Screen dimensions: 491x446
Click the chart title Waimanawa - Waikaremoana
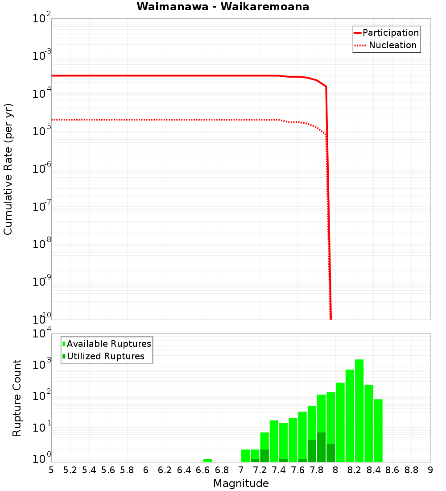tap(223, 7)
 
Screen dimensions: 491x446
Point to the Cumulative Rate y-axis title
tap(8, 169)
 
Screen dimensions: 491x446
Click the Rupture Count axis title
tap(17, 398)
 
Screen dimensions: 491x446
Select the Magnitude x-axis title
tap(241, 483)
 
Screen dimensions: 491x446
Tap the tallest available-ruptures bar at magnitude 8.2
tap(359, 411)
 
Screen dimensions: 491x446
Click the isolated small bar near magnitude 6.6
tap(207, 460)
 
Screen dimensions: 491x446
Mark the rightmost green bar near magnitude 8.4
tap(378, 431)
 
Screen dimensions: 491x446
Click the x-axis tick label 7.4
tap(279, 470)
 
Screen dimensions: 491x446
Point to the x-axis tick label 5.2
tap(70, 470)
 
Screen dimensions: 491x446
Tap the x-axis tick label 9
tap(430, 470)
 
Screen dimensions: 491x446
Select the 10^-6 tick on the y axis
tap(42, 169)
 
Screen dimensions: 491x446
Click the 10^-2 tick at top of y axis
tap(42, 19)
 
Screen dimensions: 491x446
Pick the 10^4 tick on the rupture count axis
tap(42, 333)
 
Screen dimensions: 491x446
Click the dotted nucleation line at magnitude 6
tap(146, 120)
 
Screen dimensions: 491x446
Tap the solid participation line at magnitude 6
tap(146, 75)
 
